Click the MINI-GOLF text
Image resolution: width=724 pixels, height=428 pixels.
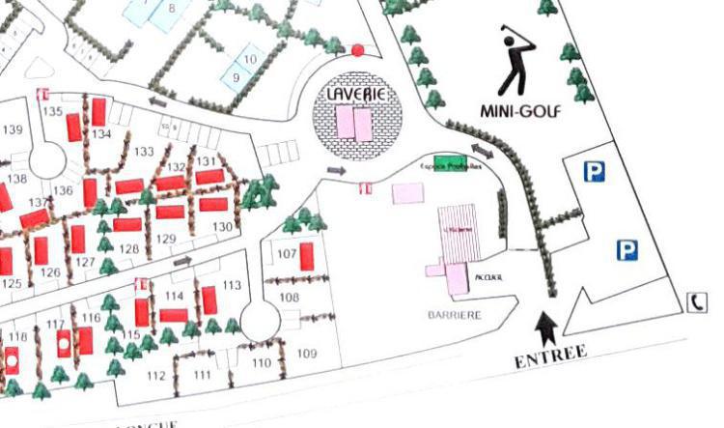(x=520, y=111)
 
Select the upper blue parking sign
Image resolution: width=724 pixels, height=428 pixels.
(x=593, y=172)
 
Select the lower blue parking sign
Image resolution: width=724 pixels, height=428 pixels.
(x=627, y=251)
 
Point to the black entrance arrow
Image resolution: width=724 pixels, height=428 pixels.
(x=544, y=328)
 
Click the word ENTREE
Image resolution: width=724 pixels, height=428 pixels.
(x=550, y=357)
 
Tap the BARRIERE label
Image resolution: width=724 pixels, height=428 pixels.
(x=454, y=315)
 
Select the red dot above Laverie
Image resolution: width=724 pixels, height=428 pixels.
(x=357, y=49)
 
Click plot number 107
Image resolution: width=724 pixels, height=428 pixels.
(x=287, y=254)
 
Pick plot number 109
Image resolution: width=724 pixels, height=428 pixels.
(x=306, y=355)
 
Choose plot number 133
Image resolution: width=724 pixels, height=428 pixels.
(x=144, y=152)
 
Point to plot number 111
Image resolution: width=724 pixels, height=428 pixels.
(x=202, y=375)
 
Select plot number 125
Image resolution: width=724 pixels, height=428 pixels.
(x=12, y=284)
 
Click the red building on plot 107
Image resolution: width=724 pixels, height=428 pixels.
(x=306, y=256)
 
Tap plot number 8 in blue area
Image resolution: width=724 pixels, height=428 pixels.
(x=172, y=10)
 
